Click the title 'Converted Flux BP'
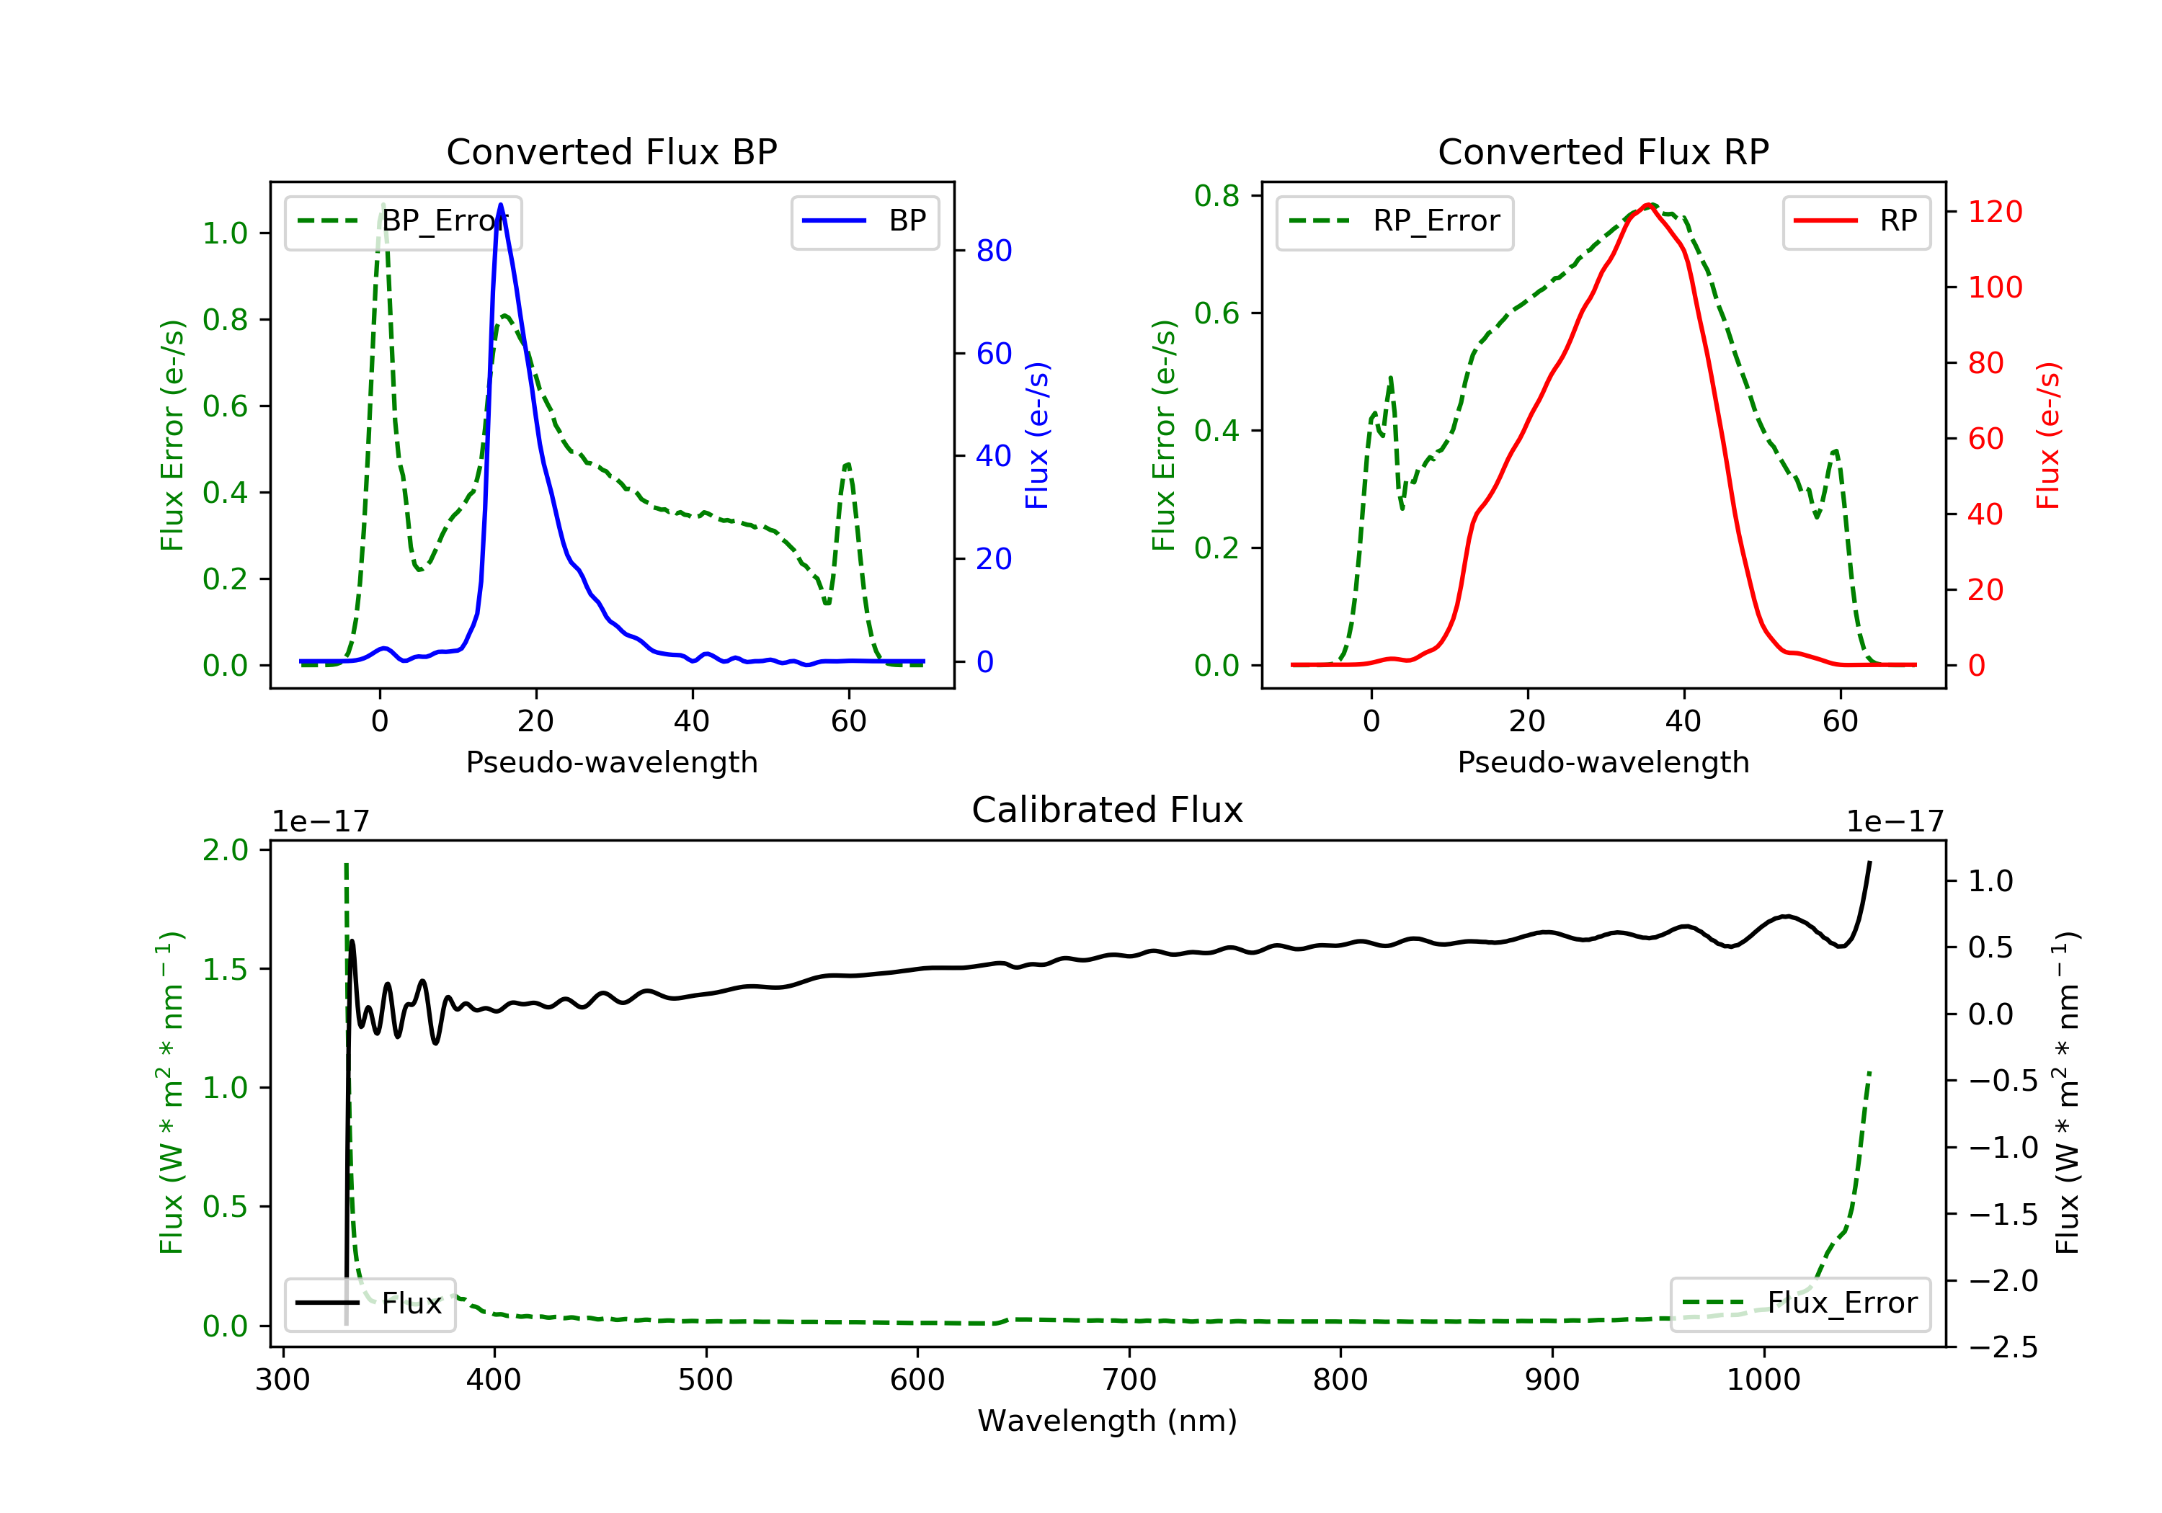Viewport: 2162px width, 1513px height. point(611,151)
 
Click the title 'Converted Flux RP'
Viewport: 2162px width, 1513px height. point(1603,151)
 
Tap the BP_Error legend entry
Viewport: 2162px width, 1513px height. point(403,221)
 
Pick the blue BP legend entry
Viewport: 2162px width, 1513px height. point(864,221)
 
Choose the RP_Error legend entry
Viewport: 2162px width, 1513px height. point(1394,221)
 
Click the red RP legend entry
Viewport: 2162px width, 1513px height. point(1856,221)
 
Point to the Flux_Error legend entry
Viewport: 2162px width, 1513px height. point(1800,1303)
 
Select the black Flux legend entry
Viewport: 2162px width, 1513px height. point(370,1303)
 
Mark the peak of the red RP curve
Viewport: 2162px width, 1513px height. point(1649,205)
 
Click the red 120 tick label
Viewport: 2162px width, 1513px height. point(1994,212)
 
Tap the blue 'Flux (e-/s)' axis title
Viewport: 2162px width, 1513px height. point(1037,435)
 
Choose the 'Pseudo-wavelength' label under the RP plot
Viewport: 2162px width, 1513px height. point(1603,762)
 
